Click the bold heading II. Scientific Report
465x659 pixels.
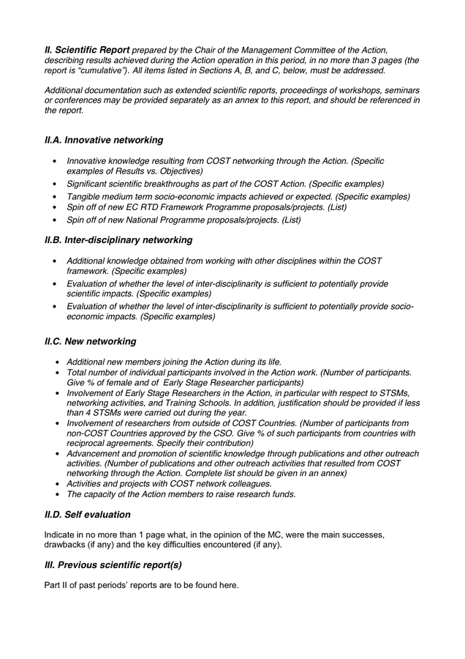87,49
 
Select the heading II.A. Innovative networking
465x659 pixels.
104,140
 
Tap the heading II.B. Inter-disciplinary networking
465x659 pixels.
118,240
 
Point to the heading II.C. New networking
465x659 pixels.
90,341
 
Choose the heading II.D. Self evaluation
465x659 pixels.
87,515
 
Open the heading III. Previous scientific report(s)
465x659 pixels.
113,565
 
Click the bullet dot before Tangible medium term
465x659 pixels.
55,197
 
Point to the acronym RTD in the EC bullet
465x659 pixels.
160,208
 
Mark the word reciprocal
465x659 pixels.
88,444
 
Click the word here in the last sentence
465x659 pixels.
227,585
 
